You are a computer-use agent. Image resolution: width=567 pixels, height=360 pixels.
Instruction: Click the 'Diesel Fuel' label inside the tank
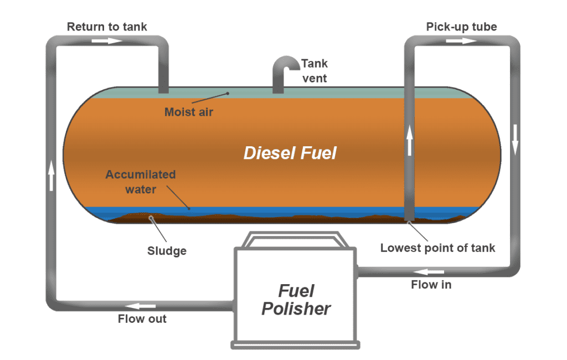(290, 153)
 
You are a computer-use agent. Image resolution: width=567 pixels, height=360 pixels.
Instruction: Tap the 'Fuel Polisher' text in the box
(296, 300)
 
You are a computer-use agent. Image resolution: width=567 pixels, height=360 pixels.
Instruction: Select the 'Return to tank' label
(107, 27)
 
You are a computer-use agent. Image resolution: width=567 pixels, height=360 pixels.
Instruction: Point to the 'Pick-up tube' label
(461, 27)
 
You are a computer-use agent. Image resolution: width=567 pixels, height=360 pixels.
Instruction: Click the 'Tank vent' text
(313, 70)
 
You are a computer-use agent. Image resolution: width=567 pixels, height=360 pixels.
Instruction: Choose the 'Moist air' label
(189, 112)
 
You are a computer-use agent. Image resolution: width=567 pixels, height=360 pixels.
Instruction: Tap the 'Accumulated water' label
(141, 182)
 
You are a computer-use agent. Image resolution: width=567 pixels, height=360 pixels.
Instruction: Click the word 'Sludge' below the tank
(167, 251)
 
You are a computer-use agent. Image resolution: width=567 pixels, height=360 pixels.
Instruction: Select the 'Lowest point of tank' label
(437, 248)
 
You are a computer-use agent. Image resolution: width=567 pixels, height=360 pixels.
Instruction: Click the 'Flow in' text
(431, 285)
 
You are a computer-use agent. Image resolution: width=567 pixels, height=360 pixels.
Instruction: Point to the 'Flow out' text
(142, 318)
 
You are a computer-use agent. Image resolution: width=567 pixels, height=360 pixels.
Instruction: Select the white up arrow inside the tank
(410, 140)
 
